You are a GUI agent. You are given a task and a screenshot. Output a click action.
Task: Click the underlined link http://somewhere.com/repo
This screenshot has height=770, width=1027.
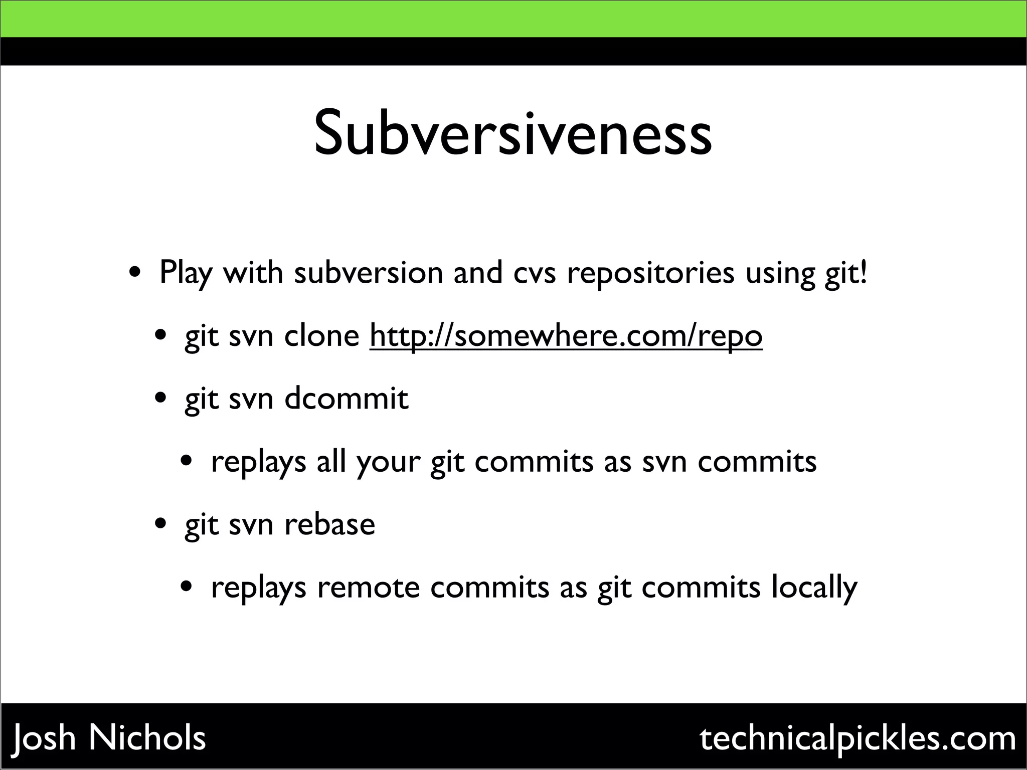(566, 336)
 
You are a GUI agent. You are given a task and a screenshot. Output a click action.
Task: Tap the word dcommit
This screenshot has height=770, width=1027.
(347, 399)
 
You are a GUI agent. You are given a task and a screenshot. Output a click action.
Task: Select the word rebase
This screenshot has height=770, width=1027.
(330, 524)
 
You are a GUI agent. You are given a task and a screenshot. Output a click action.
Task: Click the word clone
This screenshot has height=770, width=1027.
(321, 335)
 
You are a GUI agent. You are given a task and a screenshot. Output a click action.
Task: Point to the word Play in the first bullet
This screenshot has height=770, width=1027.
(186, 274)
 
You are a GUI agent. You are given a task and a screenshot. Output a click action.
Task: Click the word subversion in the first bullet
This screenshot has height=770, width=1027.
(369, 273)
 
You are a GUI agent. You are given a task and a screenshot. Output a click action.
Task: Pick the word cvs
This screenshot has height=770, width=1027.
(535, 274)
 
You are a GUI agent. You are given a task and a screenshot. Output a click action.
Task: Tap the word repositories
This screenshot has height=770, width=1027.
(650, 274)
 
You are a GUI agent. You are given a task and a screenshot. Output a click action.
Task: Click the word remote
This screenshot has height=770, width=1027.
(368, 588)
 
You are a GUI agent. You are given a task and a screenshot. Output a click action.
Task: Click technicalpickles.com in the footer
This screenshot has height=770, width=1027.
(858, 738)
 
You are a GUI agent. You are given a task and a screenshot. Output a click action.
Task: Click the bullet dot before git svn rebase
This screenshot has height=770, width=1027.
(160, 525)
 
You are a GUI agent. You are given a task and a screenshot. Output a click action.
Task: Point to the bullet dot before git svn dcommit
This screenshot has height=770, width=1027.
(160, 399)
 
